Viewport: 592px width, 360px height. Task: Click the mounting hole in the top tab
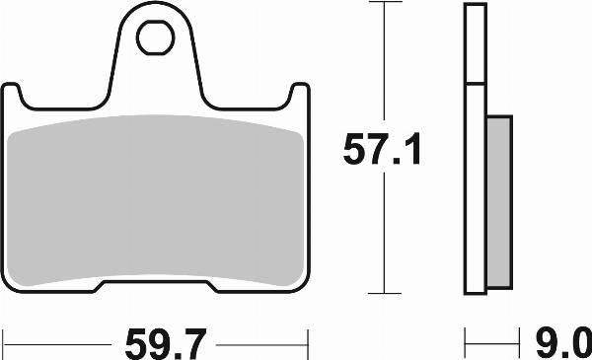click(x=154, y=40)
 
